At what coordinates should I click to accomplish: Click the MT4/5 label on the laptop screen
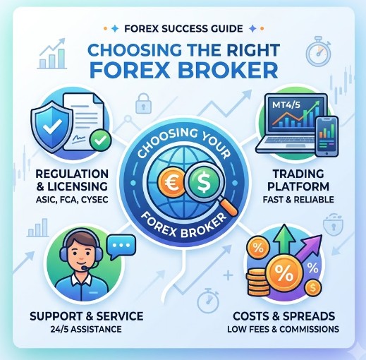click(x=286, y=104)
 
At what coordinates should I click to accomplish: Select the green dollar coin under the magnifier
click(x=202, y=182)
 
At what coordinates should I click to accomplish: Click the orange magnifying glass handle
click(x=228, y=205)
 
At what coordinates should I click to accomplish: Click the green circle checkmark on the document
click(x=100, y=140)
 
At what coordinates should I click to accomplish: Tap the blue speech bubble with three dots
click(x=121, y=246)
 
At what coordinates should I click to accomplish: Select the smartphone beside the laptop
click(x=327, y=136)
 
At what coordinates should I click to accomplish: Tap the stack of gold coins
click(x=258, y=282)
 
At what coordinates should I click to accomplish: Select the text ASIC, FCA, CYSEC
click(x=72, y=200)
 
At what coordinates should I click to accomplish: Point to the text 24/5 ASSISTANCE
click(x=86, y=329)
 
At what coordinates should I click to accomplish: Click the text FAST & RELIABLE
click(x=298, y=200)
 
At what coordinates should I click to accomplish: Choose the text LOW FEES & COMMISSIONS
click(x=283, y=329)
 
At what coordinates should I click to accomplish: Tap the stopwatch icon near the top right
click(x=319, y=51)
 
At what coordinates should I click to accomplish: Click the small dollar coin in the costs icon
click(x=313, y=287)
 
